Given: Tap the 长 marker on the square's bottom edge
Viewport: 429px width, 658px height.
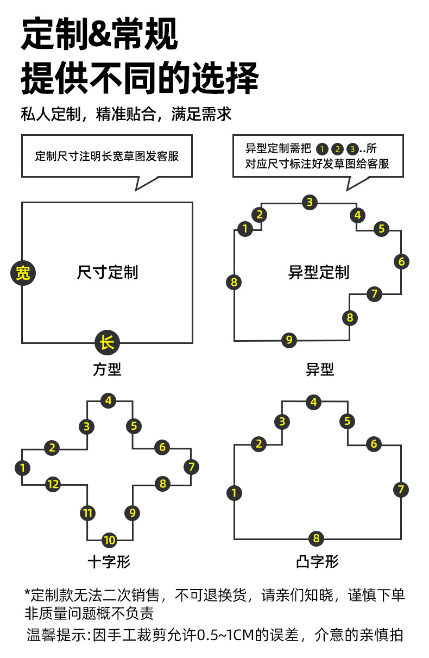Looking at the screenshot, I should pyautogui.click(x=107, y=343).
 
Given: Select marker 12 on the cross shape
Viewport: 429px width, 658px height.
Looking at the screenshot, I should pyautogui.click(x=53, y=484).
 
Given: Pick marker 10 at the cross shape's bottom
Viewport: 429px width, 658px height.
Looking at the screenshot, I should pyautogui.click(x=109, y=540).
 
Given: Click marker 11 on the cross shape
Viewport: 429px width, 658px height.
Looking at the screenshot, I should pyautogui.click(x=87, y=512).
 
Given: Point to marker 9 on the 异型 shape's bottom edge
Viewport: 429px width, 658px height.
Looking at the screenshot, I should pyautogui.click(x=289, y=340).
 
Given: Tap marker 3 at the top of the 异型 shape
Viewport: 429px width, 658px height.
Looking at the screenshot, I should pyautogui.click(x=310, y=202).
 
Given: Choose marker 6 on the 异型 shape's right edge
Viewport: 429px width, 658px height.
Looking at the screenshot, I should pyautogui.click(x=401, y=261).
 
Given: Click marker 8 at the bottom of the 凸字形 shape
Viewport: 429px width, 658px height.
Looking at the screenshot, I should pyautogui.click(x=316, y=539).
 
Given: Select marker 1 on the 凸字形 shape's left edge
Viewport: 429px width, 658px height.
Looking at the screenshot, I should pyautogui.click(x=234, y=493).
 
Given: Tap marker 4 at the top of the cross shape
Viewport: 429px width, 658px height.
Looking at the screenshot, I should pyautogui.click(x=109, y=401).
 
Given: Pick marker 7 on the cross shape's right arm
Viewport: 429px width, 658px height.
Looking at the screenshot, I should pyautogui.click(x=191, y=466).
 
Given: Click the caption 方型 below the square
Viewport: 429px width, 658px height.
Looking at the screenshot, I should pyautogui.click(x=107, y=370).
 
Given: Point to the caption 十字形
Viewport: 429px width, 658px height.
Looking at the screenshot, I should pyautogui.click(x=109, y=561).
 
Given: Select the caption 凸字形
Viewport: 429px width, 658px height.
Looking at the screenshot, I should pyautogui.click(x=318, y=561).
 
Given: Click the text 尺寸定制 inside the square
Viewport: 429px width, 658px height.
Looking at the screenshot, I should pyautogui.click(x=108, y=272).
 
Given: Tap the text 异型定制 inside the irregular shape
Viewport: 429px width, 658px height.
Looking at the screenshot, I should pyautogui.click(x=319, y=272).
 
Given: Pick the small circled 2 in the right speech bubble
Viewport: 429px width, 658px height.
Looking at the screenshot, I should pyautogui.click(x=337, y=149).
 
